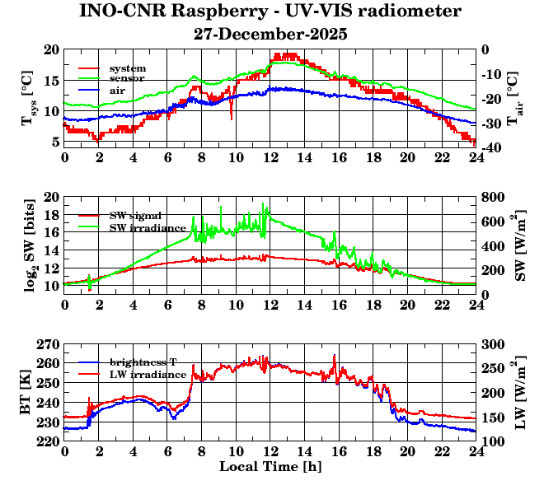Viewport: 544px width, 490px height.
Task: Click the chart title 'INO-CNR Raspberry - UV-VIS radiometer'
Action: click(x=270, y=12)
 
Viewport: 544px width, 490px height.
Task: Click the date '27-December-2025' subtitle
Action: click(x=270, y=35)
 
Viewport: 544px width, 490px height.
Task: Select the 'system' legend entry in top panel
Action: click(x=128, y=68)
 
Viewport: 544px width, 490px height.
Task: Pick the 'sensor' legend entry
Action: click(x=128, y=78)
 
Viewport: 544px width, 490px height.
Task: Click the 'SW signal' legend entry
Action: click(x=136, y=215)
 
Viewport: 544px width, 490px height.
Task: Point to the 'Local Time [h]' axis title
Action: click(x=270, y=466)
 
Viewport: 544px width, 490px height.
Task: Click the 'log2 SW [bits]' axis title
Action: click(x=28, y=245)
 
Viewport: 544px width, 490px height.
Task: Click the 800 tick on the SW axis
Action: click(x=494, y=197)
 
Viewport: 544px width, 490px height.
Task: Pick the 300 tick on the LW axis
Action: click(x=494, y=344)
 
